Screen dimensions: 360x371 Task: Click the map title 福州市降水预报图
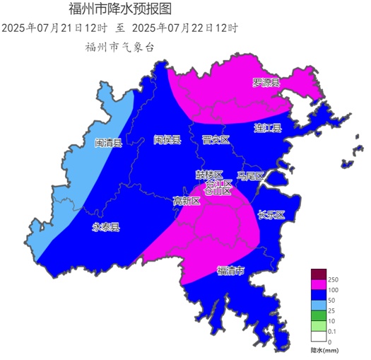pos(119,9)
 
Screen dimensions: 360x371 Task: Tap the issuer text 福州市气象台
pos(119,47)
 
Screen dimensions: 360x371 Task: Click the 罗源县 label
pos(266,83)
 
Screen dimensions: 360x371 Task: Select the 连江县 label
pos(268,128)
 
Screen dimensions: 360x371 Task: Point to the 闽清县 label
pos(108,143)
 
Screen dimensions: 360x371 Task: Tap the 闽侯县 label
pos(167,139)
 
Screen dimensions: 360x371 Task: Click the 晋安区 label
pos(216,140)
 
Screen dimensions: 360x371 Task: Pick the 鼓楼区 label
pos(209,174)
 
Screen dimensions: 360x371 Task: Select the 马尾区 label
pos(250,175)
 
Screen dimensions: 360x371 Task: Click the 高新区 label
pos(187,201)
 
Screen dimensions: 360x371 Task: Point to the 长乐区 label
pos(271,215)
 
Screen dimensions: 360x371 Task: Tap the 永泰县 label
pos(106,227)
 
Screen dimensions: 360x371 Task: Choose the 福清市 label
pos(230,270)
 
